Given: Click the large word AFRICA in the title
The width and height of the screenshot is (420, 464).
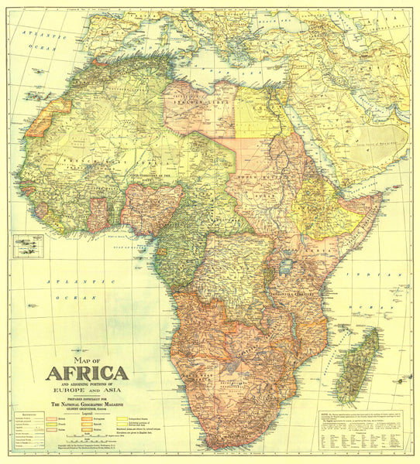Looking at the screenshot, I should pos(87,373).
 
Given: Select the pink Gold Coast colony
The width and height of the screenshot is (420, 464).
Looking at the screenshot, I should pos(98,213).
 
